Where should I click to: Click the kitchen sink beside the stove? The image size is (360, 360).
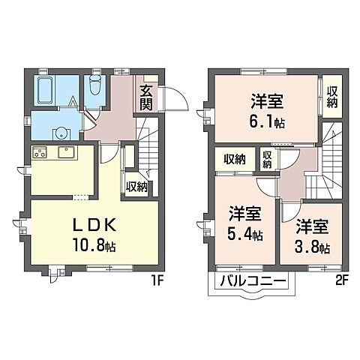(x=64, y=154)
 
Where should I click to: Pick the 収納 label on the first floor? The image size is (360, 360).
(x=136, y=187)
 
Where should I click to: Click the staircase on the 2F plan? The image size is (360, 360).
(x=328, y=157)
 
